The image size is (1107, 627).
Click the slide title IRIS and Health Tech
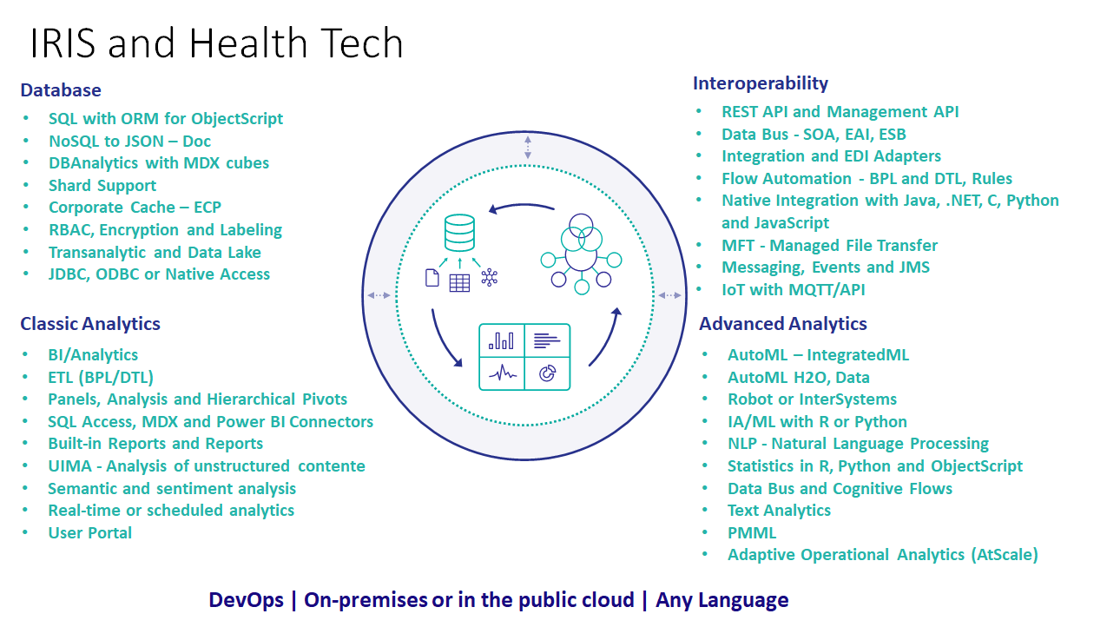click(x=216, y=43)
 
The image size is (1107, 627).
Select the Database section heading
click(x=61, y=90)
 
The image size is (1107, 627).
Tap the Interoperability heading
click(x=760, y=83)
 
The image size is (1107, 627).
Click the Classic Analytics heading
click(x=90, y=324)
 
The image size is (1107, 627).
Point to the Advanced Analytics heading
click(x=783, y=324)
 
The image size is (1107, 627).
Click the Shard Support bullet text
click(x=102, y=186)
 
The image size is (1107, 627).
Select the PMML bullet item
click(x=752, y=533)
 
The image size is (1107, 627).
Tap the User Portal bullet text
click(x=90, y=533)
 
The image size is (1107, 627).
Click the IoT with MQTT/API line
click(x=794, y=290)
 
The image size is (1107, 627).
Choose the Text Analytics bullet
click(x=779, y=511)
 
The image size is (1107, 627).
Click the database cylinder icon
click(x=459, y=233)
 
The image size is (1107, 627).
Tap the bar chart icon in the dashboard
click(x=501, y=340)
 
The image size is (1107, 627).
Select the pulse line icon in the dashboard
click(x=503, y=373)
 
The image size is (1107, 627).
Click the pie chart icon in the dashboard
click(x=547, y=373)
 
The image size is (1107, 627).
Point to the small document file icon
click(x=432, y=278)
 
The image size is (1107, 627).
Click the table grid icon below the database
click(x=459, y=283)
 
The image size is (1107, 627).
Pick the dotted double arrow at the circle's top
click(x=528, y=148)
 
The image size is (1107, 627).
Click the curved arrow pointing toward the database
click(x=522, y=206)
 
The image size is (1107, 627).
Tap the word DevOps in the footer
click(x=246, y=600)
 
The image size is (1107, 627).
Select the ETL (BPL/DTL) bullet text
click(x=101, y=378)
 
